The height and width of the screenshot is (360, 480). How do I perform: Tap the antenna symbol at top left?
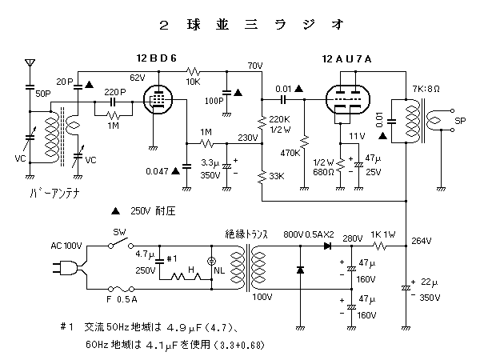coord(30,62)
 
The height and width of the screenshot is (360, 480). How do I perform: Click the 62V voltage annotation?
coord(138,78)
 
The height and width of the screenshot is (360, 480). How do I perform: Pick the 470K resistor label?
coord(289,152)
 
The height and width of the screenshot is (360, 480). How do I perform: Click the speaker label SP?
coord(460,121)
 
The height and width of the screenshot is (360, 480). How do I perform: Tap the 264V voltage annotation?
coord(421,241)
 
